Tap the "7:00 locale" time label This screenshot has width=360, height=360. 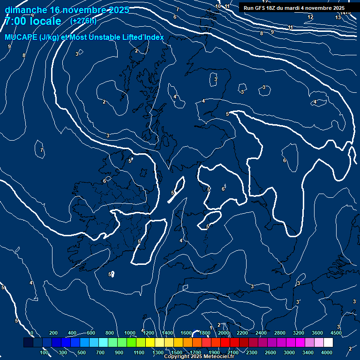pos(33,21)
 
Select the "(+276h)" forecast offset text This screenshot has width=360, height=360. pos(83,21)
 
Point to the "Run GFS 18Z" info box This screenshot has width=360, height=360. pos(294,8)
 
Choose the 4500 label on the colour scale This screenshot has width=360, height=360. pos(336,333)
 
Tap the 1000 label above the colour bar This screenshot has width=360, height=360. pos(130,333)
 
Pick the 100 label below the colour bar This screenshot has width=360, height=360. pos(45,352)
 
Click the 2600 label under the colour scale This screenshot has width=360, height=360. pos(270,352)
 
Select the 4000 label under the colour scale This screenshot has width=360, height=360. pos(327,352)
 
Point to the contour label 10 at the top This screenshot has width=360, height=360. pos(218,7)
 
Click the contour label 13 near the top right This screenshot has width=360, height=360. pos(338,17)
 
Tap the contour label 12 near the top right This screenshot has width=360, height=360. pos(310,17)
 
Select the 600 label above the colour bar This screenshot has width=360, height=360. pos(91,333)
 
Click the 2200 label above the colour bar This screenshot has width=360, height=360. pos(242,333)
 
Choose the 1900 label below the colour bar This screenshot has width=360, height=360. pos(214,352)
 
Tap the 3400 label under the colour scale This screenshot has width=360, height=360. pos(308,352)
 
